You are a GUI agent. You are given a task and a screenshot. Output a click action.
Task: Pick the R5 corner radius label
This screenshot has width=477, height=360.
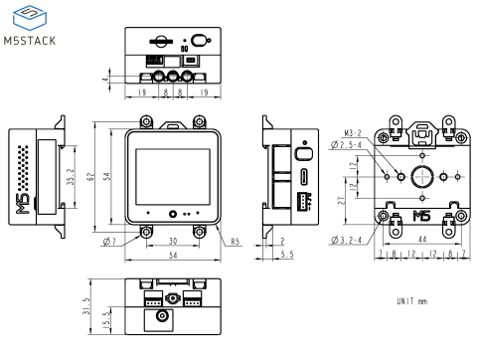click(236, 241)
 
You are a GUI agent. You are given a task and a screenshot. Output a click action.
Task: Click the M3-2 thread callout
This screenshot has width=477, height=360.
click(351, 132)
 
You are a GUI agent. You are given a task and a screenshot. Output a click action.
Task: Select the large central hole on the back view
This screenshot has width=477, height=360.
click(421, 177)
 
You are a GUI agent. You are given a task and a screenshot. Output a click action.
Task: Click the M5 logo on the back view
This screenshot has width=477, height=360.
click(421, 215)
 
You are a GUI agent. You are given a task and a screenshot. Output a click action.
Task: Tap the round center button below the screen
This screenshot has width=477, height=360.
click(172, 214)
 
